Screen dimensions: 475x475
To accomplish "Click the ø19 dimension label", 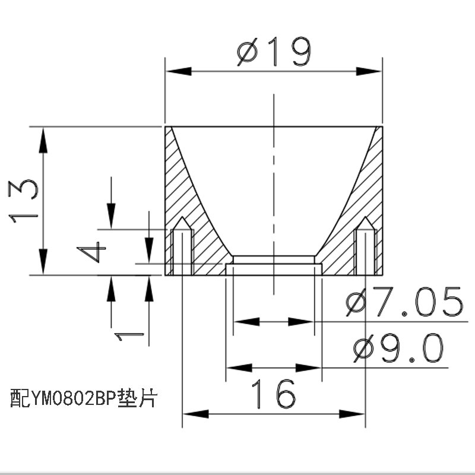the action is point(274,53).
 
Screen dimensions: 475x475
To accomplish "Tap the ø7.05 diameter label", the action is point(404,302).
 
